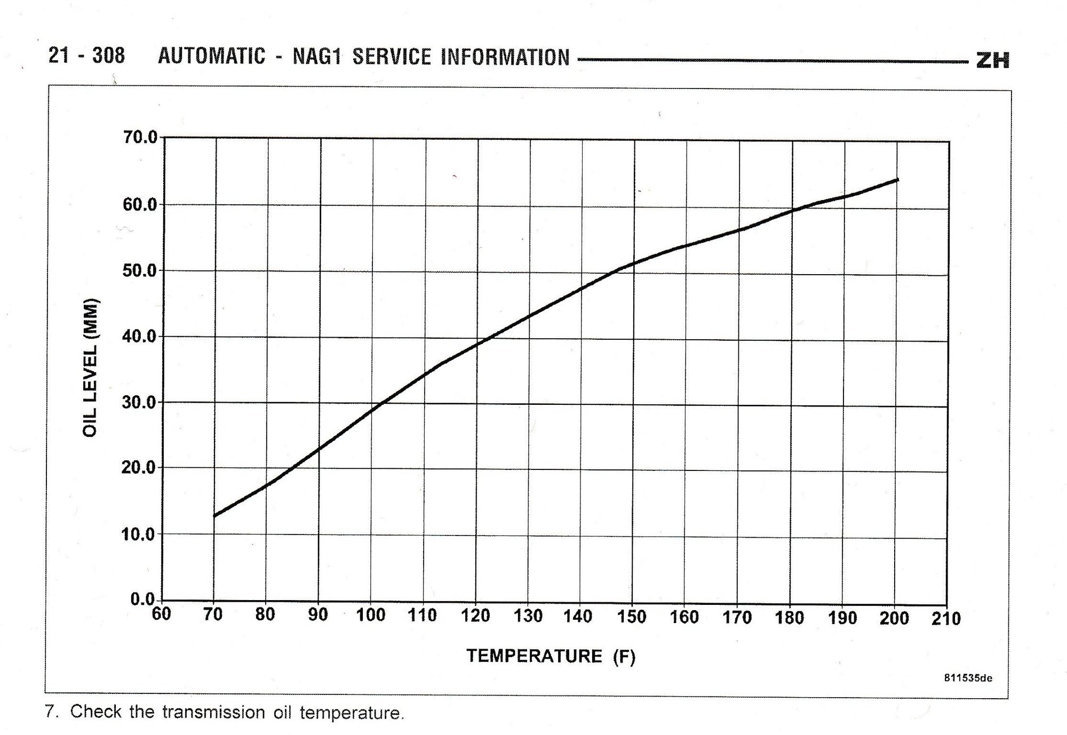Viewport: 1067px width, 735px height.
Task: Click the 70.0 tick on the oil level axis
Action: coord(140,138)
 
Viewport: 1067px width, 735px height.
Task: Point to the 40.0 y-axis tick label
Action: coord(140,337)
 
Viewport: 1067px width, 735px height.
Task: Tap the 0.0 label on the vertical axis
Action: coord(143,599)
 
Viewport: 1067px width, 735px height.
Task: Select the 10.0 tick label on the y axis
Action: coord(140,534)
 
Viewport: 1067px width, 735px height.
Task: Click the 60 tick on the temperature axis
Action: coord(161,614)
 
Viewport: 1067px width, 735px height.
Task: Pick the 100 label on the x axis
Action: coord(370,615)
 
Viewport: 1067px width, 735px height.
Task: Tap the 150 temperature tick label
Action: coord(632,617)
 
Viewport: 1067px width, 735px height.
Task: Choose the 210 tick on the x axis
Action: coord(946,619)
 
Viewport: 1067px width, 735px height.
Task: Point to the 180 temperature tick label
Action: coord(789,618)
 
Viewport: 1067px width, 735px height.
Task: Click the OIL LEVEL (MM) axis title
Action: coord(91,367)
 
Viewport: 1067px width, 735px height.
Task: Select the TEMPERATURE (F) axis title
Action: coord(551,656)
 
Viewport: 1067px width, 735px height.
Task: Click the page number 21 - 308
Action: coord(86,55)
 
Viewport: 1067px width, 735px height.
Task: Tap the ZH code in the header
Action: coord(993,60)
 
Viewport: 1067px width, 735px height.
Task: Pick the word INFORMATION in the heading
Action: coord(505,58)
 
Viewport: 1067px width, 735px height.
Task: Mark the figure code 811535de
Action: coord(968,678)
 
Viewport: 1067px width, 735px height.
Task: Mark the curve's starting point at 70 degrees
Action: coord(214,516)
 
